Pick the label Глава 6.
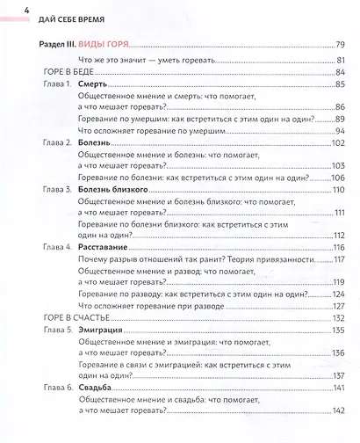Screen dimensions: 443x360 (57, 388)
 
